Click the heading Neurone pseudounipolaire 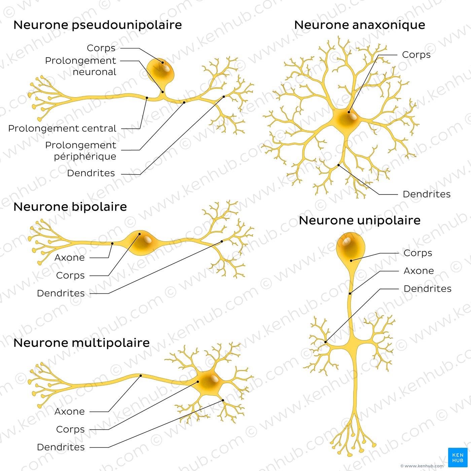98,25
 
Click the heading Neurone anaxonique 359,25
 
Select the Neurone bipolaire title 70,207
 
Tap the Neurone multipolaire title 81,343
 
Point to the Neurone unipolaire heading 360,220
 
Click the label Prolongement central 62,129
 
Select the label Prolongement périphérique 81,151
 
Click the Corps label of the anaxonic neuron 416,55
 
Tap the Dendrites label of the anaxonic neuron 426,194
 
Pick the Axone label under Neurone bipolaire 70,258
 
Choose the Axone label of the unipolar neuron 419,271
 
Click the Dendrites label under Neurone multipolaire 61,447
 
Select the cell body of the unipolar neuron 351,247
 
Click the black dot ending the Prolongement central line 147,98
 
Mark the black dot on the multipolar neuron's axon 141,375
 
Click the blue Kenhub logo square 458,458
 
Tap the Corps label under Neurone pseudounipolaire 101,48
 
